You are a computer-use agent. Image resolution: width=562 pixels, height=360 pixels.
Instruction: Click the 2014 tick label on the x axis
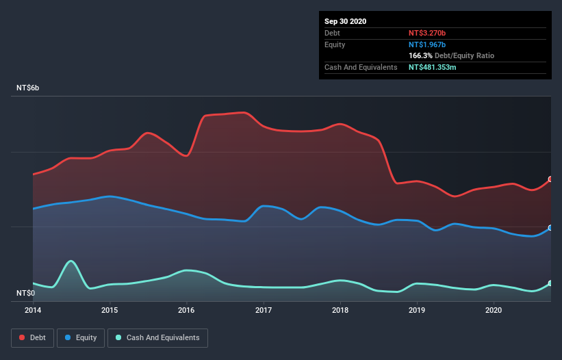[x=32, y=310]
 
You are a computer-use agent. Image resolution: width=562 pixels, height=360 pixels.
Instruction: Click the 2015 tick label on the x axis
[x=110, y=310]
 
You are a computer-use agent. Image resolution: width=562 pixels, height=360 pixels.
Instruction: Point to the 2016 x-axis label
[x=186, y=310]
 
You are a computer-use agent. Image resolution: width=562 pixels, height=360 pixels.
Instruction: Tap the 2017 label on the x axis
[x=264, y=310]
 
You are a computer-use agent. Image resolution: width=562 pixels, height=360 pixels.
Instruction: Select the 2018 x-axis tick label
[x=340, y=310]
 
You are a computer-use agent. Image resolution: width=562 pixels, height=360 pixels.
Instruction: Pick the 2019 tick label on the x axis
[x=417, y=310]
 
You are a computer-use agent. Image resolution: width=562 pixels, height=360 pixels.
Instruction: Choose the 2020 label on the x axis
[x=494, y=310]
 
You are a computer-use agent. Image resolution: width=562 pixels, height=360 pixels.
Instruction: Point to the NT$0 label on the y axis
[x=25, y=293]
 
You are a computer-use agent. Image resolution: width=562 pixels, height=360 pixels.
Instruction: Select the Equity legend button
[x=81, y=337]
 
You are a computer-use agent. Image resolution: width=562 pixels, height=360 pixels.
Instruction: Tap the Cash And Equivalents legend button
[x=157, y=337]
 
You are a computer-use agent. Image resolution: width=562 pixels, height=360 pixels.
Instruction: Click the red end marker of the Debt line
[x=550, y=179]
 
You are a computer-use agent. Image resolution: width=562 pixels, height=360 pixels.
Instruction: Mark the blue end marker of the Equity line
[x=550, y=228]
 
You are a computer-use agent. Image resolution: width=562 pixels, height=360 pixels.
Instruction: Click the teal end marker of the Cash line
[x=550, y=283]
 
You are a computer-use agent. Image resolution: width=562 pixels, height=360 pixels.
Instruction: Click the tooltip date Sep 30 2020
[x=345, y=21]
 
